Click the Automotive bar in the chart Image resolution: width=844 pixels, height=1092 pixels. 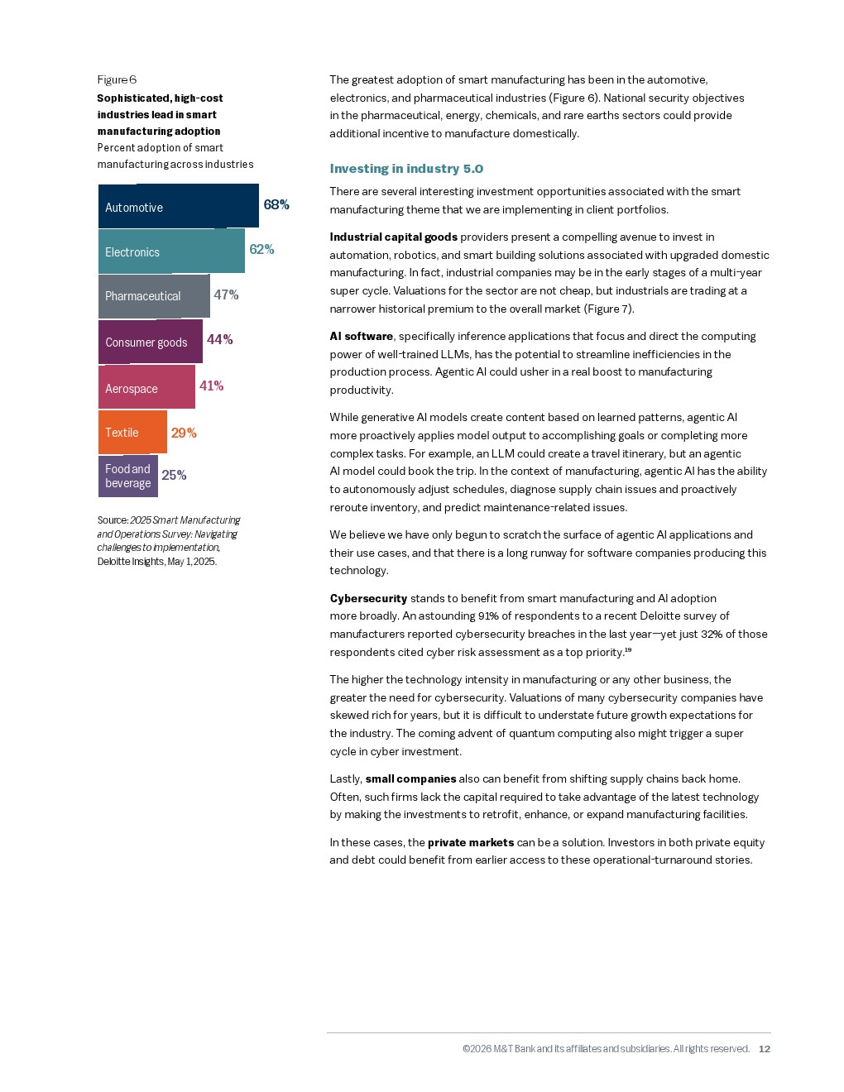tap(178, 206)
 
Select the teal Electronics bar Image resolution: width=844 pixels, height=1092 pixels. tap(171, 251)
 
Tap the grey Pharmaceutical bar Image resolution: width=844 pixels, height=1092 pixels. tap(154, 296)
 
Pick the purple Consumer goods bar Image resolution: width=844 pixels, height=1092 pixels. tap(150, 342)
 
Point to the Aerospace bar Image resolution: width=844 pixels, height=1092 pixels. tap(146, 387)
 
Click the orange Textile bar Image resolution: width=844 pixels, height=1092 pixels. tap(132, 432)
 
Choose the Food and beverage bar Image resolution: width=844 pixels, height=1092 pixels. tap(127, 476)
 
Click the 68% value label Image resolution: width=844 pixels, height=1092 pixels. tap(276, 204)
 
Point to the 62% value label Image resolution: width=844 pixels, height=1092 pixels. tap(261, 249)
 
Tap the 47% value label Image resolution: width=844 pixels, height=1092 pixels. tap(226, 295)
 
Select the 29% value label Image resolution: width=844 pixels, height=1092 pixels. tap(184, 433)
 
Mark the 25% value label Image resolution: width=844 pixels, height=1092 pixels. tap(174, 475)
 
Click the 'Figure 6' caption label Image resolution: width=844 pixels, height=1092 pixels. tap(117, 79)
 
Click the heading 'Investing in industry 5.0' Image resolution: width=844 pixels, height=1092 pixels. tap(406, 169)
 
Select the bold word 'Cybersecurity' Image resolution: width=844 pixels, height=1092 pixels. tap(368, 598)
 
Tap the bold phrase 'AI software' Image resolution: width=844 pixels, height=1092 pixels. tap(361, 336)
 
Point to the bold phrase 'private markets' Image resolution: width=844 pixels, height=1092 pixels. tap(470, 842)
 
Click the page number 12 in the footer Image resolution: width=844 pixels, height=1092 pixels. tap(765, 1049)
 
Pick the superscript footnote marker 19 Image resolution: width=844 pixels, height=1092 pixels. tap(628, 650)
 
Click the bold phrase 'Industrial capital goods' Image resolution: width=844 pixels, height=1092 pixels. tap(393, 237)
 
